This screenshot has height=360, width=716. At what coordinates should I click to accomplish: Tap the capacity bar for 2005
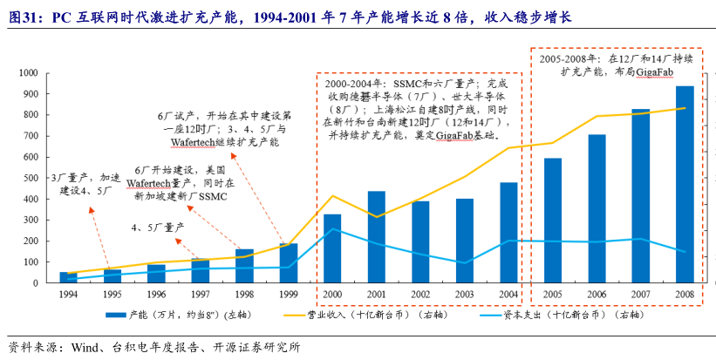[x=553, y=221]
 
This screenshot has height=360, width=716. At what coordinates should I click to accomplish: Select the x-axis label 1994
[x=68, y=294]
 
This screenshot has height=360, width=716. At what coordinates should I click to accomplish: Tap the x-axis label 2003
[x=464, y=294]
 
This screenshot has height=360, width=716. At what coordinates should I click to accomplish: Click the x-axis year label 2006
[x=597, y=294]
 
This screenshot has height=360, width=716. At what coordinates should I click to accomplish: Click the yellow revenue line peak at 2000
[x=332, y=196]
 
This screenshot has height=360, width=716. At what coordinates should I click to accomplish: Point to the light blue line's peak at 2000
[x=332, y=229]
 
